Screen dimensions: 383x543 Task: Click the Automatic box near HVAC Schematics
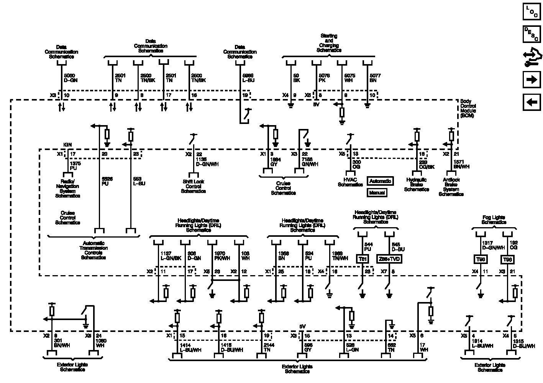click(380, 181)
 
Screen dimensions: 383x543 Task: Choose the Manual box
click(377, 193)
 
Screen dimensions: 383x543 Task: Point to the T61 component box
click(363, 259)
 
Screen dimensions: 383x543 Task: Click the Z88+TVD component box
click(389, 259)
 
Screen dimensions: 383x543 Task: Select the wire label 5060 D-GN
click(71, 78)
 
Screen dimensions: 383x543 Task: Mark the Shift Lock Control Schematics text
click(193, 186)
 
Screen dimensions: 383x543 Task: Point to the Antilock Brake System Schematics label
click(451, 187)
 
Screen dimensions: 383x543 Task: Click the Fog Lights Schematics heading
click(494, 220)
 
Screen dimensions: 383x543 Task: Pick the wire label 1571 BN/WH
click(461, 164)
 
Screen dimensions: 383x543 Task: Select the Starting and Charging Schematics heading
click(329, 43)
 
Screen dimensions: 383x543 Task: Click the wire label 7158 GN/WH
click(309, 162)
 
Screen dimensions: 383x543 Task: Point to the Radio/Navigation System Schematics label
click(67, 188)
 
